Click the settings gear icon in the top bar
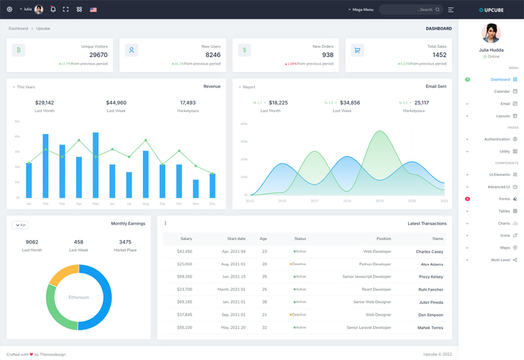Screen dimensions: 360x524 coord(9,10)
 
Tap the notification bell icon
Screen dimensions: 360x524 coord(53,10)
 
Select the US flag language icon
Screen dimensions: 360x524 coord(93,10)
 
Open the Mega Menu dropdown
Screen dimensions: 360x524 coord(361,10)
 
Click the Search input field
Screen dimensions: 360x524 coord(409,10)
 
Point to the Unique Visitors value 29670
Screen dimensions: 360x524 coord(98,55)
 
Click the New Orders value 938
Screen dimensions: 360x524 coord(327,55)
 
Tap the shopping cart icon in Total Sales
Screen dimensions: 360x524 coord(357,50)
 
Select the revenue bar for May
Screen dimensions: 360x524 coord(96,165)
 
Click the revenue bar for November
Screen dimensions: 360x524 coord(196,189)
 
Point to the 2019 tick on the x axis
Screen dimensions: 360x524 coord(379,201)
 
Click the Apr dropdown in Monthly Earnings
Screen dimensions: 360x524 coord(20,225)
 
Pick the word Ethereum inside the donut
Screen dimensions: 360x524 coord(79,297)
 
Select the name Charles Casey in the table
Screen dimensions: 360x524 coord(429,251)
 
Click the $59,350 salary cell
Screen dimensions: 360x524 coord(184,277)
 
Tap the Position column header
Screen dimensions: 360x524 coord(383,239)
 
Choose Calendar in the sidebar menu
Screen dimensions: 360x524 coord(502,92)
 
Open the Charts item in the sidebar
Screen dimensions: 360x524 coord(504,224)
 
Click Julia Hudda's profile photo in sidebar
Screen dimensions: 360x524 coord(491,33)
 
